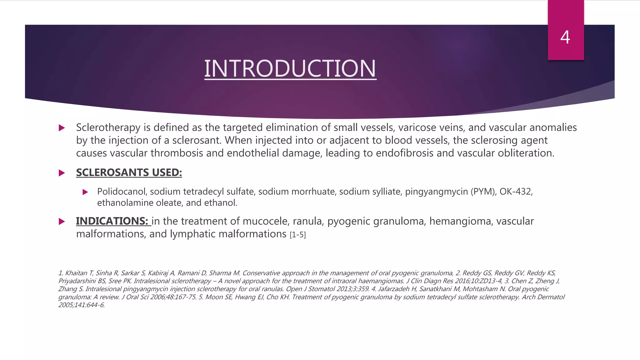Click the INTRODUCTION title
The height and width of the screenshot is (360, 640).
click(290, 68)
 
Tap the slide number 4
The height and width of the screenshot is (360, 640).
click(565, 37)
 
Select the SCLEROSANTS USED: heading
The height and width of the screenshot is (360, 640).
click(129, 172)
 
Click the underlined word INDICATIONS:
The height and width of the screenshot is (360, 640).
click(112, 221)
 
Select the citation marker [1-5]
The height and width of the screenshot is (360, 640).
click(297, 235)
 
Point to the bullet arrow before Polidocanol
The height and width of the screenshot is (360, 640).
click(85, 192)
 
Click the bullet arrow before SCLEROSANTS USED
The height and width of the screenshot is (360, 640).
click(62, 173)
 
